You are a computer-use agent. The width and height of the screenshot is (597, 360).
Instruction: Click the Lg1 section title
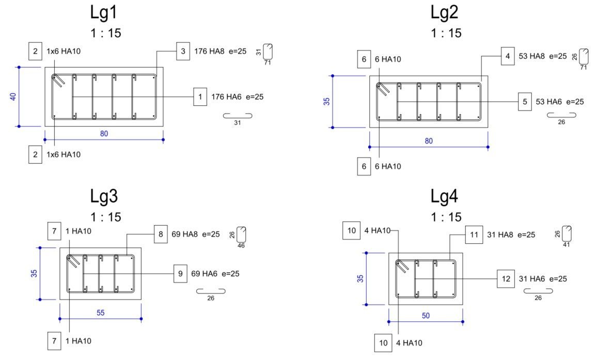coord(104,12)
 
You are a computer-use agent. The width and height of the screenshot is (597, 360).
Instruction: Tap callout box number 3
coord(183,51)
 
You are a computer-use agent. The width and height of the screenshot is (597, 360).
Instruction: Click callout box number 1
coord(200,97)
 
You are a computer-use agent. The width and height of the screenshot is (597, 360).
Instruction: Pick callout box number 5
coord(525,102)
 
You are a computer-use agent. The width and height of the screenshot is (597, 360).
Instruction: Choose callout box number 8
coord(161,234)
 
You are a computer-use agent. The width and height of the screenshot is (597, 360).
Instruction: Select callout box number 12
coord(506,279)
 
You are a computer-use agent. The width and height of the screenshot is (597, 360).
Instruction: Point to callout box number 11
coord(474,234)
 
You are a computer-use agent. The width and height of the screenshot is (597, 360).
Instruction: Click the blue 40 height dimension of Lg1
coord(13,97)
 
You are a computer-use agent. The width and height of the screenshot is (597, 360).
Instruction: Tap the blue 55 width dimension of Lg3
coord(101,313)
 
